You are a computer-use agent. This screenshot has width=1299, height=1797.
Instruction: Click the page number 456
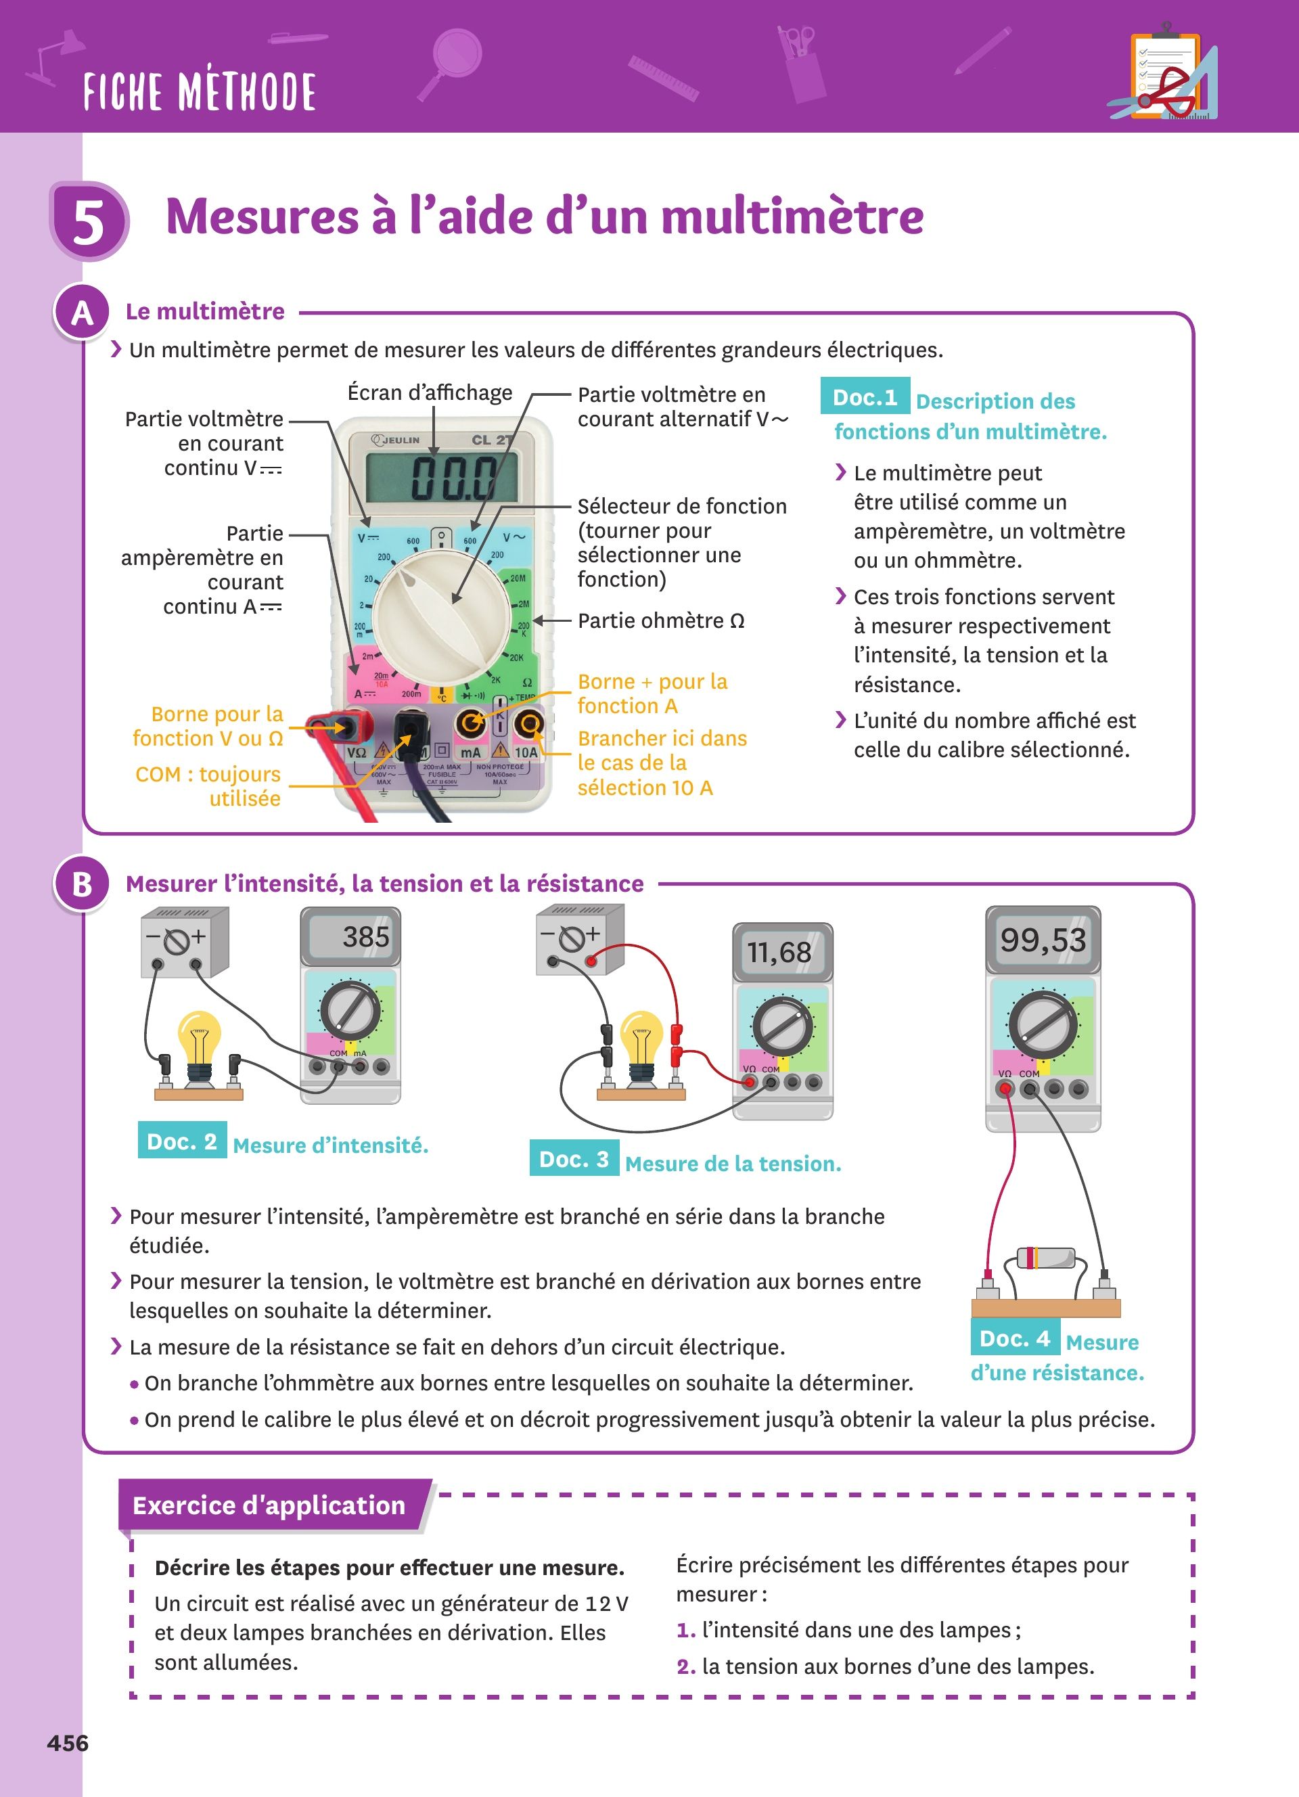click(68, 1742)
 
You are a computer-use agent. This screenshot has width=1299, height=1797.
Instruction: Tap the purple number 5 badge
click(89, 221)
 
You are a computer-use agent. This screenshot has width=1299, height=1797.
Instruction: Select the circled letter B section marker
click(82, 884)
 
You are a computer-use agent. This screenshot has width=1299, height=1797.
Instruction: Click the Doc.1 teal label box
click(864, 397)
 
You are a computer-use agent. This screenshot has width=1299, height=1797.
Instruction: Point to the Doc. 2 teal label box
click(182, 1141)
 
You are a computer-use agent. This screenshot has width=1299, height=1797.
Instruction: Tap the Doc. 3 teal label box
click(574, 1159)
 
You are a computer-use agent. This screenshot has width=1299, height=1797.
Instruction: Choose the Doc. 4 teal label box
click(1014, 1338)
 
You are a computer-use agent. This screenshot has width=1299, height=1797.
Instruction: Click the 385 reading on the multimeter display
click(365, 937)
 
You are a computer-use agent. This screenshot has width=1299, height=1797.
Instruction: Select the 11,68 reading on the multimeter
click(779, 951)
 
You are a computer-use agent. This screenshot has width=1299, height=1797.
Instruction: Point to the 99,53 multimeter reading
click(1043, 940)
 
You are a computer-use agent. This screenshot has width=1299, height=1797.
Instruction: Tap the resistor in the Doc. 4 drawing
click(1045, 1257)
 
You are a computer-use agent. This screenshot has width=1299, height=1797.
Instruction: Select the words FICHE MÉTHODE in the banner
click(200, 91)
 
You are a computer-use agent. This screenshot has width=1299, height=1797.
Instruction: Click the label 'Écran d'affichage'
click(430, 393)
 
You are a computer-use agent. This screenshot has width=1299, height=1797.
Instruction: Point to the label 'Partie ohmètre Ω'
click(660, 620)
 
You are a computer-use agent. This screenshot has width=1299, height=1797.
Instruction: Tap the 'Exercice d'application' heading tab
click(269, 1505)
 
